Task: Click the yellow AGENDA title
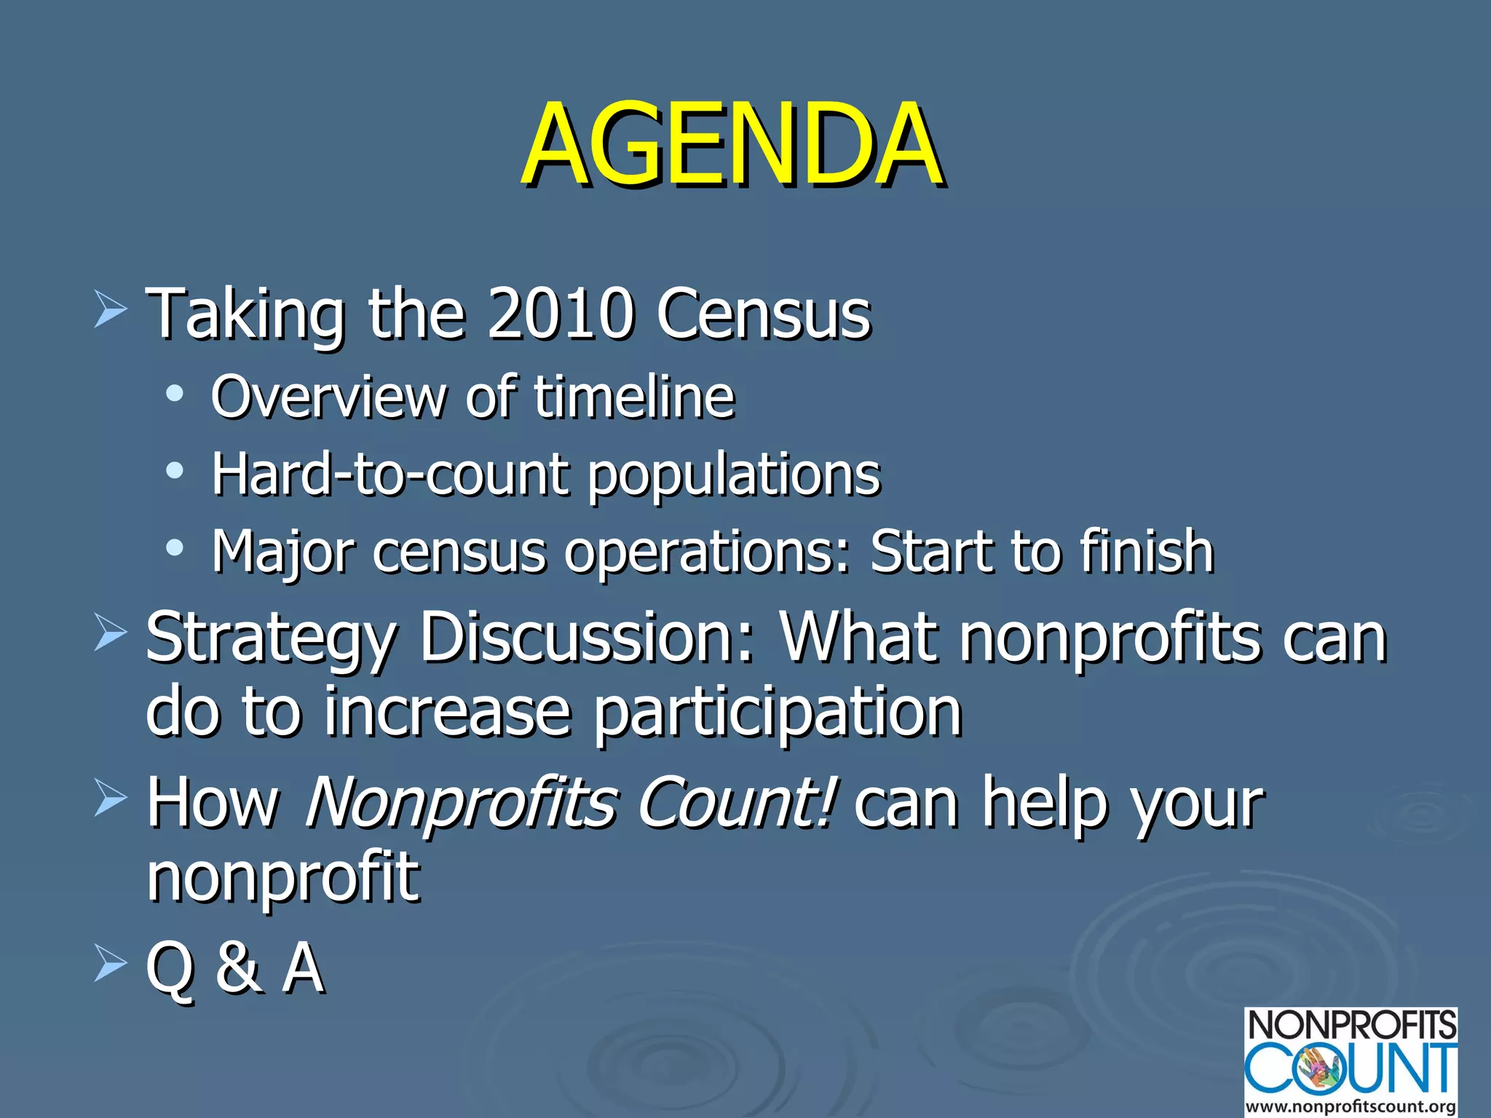[732, 144]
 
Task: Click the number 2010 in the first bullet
[559, 314]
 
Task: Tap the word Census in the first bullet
[763, 314]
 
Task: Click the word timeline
[634, 397]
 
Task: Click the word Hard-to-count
[389, 475]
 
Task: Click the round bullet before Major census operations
[174, 547]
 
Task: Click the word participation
[778, 713]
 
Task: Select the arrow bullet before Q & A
[111, 964]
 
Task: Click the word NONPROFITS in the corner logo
[1351, 1026]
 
